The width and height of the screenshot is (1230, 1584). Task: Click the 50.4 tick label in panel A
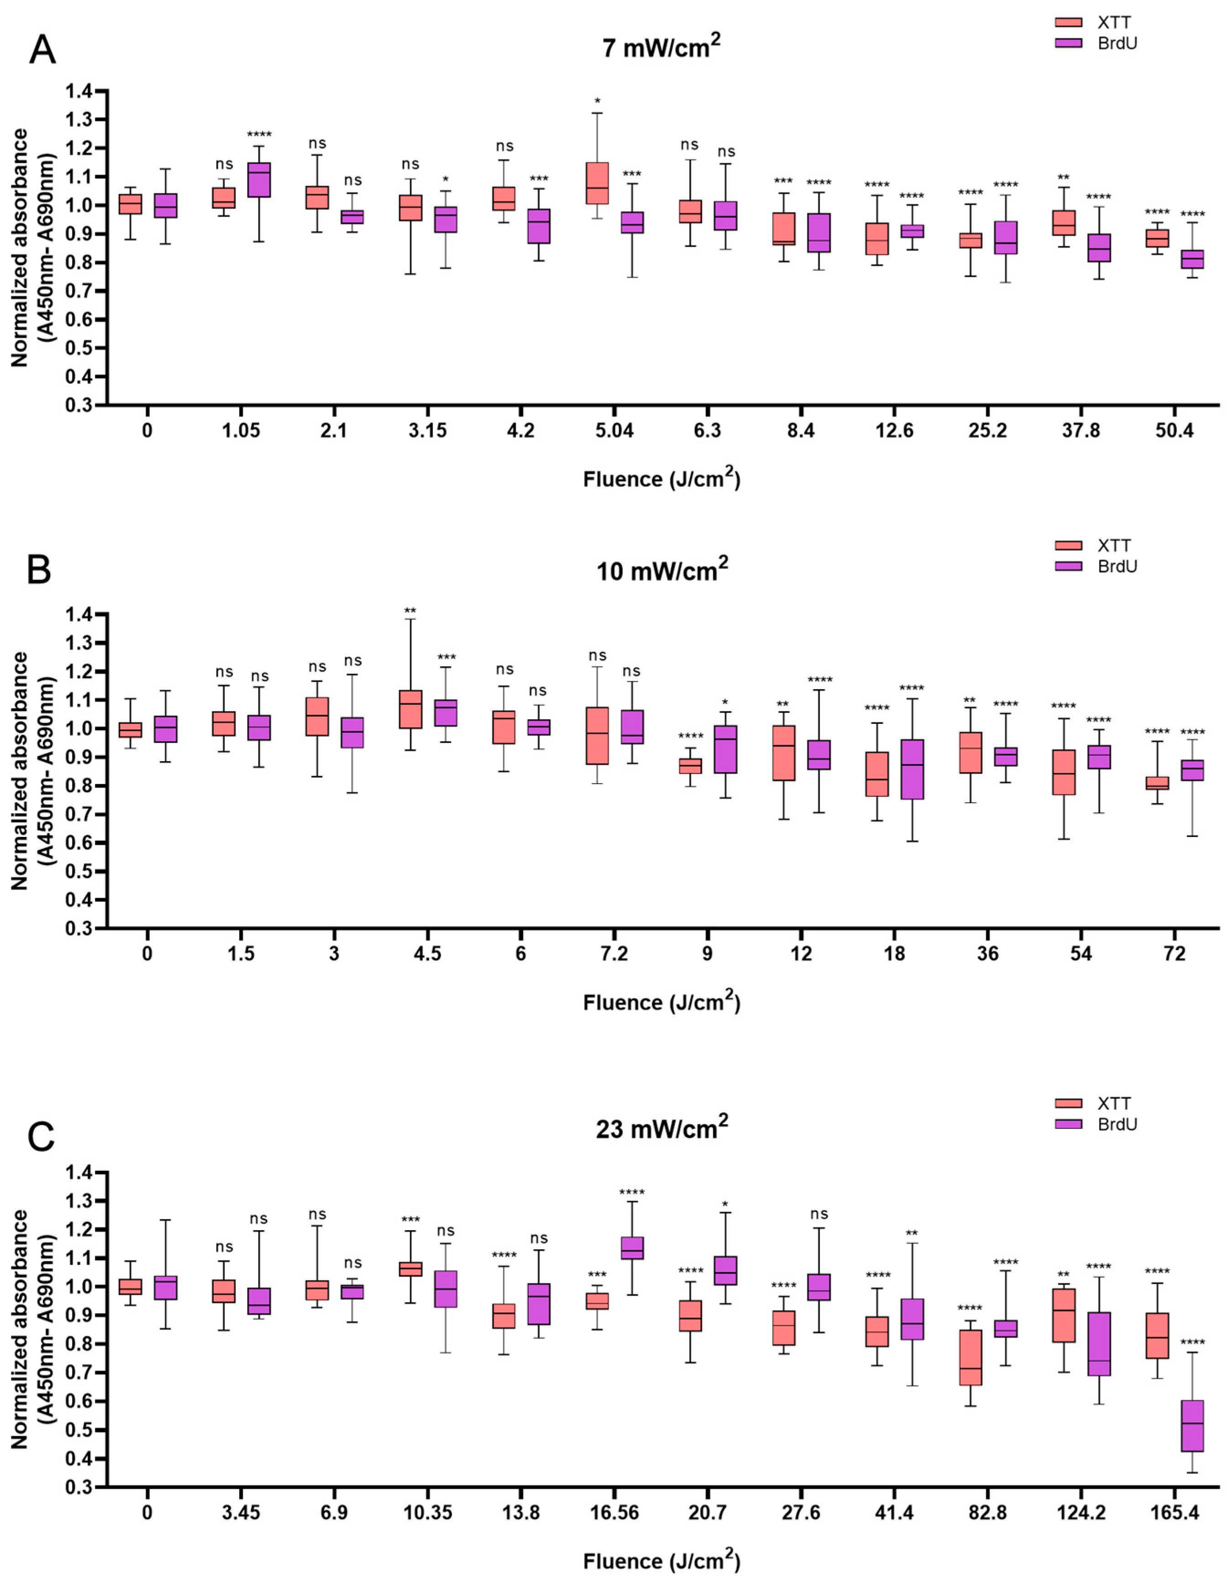1174,431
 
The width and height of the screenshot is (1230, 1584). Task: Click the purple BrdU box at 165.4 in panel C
1192,1425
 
